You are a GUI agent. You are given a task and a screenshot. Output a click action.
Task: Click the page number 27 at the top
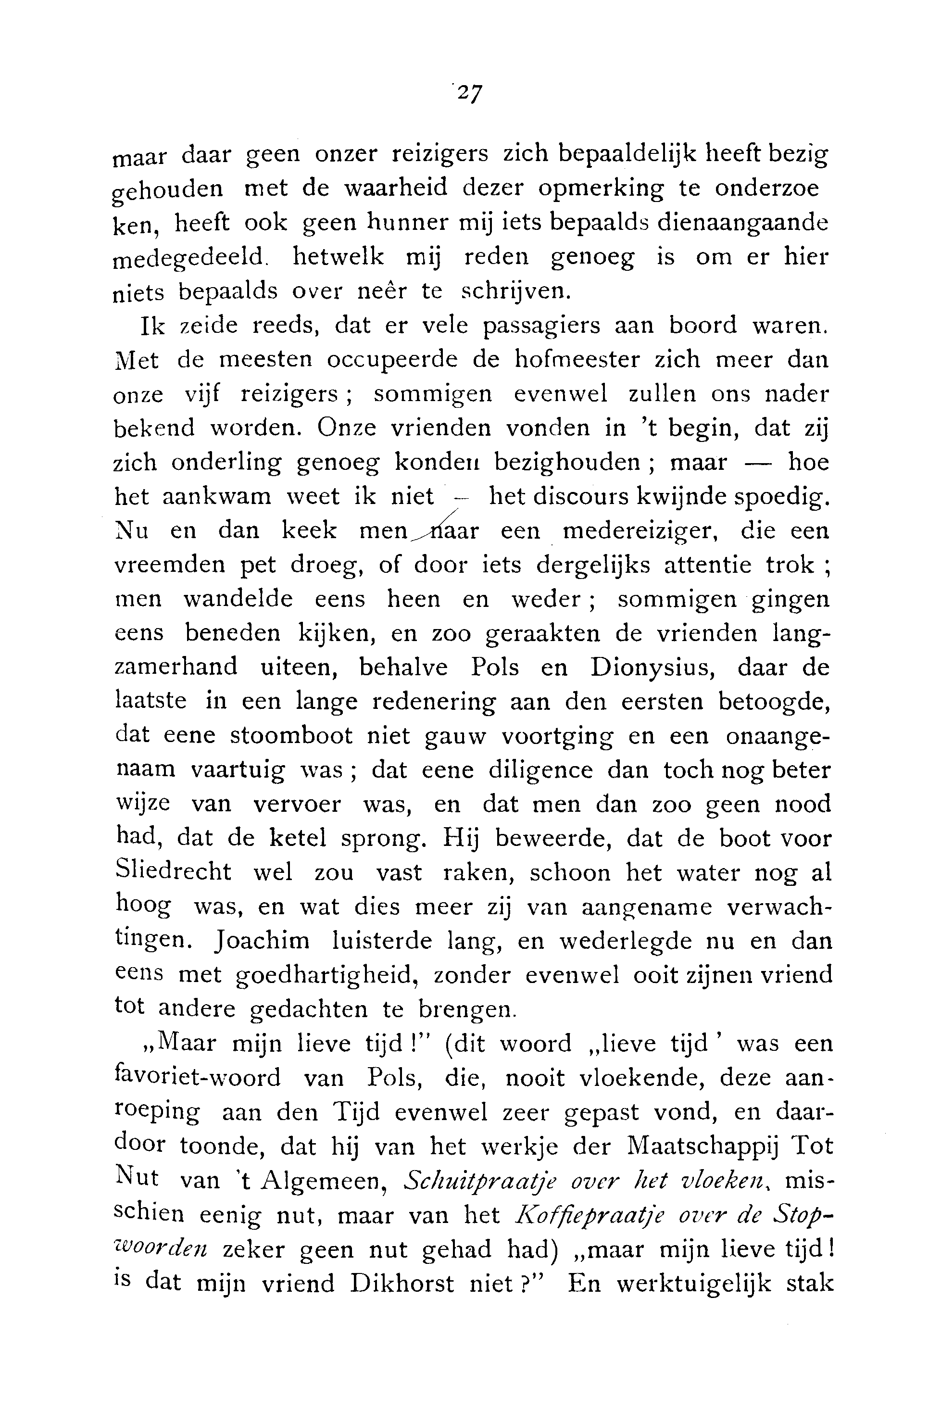pyautogui.click(x=469, y=94)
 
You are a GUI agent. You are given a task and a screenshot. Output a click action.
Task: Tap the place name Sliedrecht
pyautogui.click(x=173, y=871)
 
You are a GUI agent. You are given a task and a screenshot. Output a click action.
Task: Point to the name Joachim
pyautogui.click(x=262, y=940)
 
